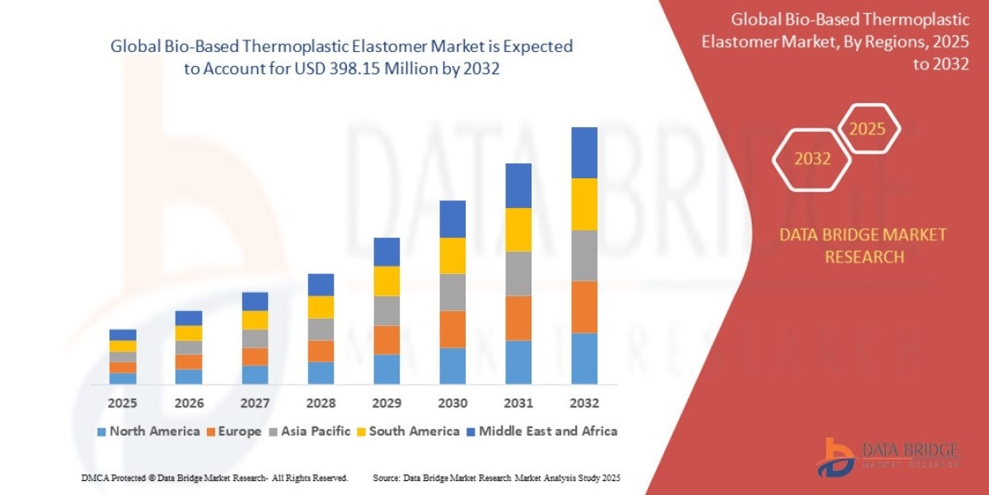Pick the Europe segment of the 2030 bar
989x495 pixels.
point(452,329)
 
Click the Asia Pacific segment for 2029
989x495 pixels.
point(387,310)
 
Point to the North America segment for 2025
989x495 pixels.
point(123,378)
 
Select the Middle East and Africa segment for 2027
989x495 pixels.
point(255,301)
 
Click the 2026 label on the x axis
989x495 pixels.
point(189,403)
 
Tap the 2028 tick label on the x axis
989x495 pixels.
point(321,403)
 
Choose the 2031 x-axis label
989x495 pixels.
point(518,403)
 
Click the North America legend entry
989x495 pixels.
point(148,431)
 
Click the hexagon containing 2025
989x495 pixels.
point(867,130)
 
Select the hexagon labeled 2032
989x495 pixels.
point(812,158)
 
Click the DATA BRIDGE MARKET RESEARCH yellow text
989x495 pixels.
point(863,246)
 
